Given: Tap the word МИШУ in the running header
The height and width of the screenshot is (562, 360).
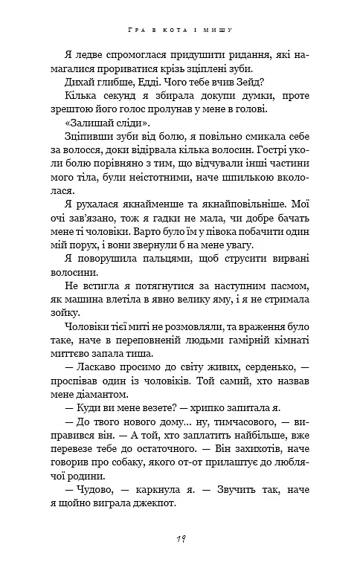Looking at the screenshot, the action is tap(219, 29).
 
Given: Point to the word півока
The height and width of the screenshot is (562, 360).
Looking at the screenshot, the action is tap(194, 230).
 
